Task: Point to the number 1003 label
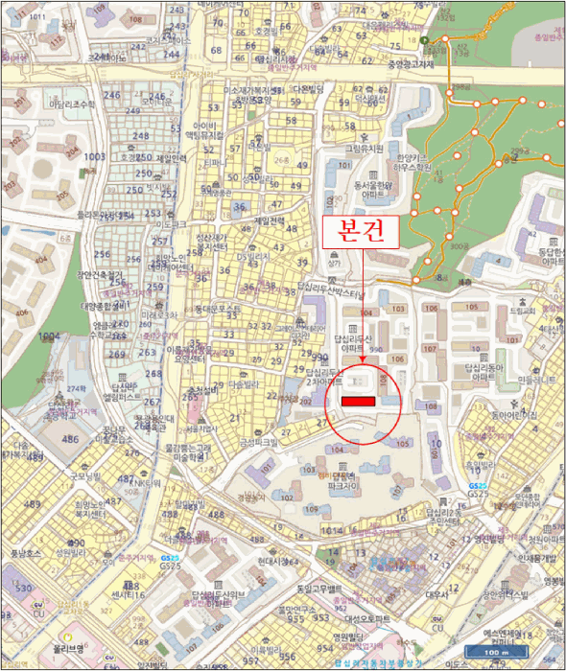pos(94,156)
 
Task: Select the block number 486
pos(70,439)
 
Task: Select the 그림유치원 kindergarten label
pos(364,150)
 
